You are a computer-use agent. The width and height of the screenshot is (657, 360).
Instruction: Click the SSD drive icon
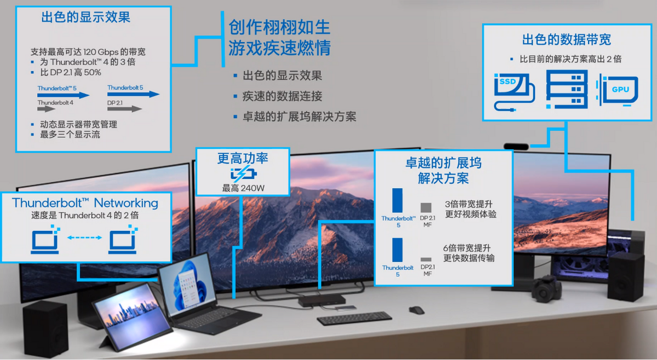[514, 91]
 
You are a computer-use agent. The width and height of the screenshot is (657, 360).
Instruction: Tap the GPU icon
[618, 90]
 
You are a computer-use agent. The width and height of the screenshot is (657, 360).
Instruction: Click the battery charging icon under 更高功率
[244, 174]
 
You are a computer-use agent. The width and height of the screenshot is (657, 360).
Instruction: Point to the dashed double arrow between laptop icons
[84, 237]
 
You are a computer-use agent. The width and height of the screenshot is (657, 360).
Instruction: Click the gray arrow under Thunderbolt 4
[46, 109]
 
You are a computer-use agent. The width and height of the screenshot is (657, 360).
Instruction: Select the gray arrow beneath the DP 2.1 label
[125, 109]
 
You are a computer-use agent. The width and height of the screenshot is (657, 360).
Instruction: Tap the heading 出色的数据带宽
[567, 39]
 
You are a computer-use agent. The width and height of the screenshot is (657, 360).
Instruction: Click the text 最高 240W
[244, 188]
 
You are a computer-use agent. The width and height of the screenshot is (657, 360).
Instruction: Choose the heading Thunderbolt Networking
[85, 203]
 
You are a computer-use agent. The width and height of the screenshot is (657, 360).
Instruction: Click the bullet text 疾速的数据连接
[282, 96]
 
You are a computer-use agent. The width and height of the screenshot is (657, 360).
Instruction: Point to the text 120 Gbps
[100, 52]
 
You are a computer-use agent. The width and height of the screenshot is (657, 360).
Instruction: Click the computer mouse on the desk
[417, 310]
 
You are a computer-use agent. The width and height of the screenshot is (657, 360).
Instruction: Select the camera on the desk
[546, 288]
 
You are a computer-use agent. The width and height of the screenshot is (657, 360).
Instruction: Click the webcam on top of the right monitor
[516, 146]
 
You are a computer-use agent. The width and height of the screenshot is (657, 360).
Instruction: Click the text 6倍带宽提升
[467, 248]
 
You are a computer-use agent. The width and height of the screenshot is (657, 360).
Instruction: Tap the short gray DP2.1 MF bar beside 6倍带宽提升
[426, 259]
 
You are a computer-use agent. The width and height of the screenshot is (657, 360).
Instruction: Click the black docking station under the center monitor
[322, 300]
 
